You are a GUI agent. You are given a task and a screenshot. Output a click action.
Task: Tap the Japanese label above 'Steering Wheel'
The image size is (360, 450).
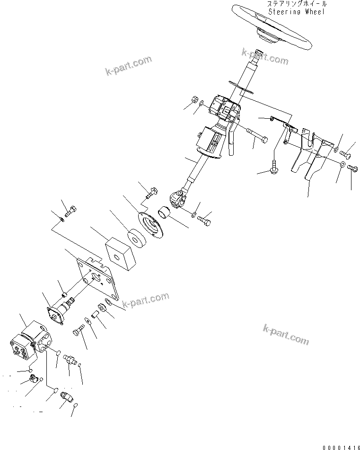297,4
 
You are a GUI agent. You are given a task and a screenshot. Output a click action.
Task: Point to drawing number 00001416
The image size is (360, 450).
341,446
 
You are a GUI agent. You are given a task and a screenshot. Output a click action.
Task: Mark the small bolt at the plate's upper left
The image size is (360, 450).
70,210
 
